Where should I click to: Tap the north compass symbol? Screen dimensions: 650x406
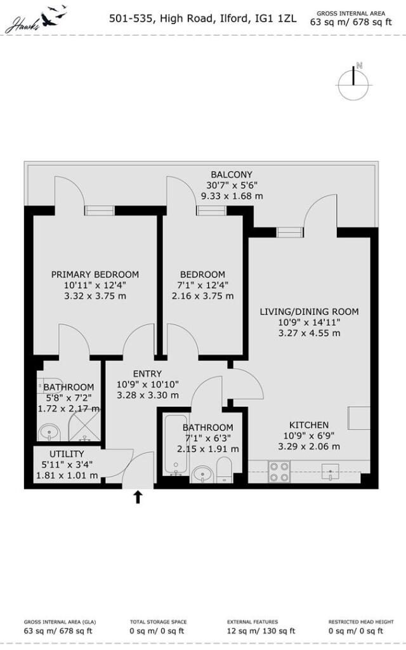(353, 83)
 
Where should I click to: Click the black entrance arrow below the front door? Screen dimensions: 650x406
(138, 497)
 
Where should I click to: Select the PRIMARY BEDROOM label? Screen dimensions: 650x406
(95, 274)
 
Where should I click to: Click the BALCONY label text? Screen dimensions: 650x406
(232, 175)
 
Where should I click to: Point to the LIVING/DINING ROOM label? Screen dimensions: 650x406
(309, 312)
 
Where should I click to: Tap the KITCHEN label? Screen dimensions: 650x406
(309, 425)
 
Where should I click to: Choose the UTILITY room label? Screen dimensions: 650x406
(67, 454)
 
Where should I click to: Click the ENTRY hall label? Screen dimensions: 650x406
(147, 373)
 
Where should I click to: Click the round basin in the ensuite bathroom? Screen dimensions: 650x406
(48, 433)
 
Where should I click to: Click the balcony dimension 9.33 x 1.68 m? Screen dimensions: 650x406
(232, 196)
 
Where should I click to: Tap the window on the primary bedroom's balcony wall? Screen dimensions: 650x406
(100, 211)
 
